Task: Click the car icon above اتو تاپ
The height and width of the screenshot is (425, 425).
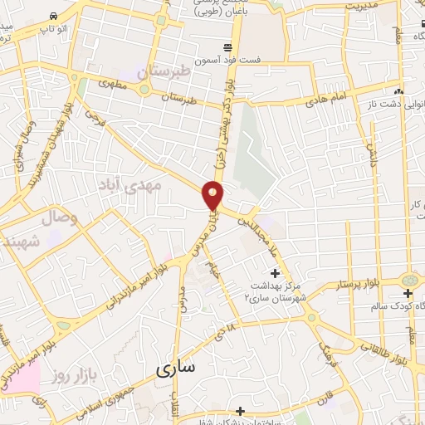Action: (54, 17)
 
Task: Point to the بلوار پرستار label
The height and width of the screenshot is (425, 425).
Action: (333, 285)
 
